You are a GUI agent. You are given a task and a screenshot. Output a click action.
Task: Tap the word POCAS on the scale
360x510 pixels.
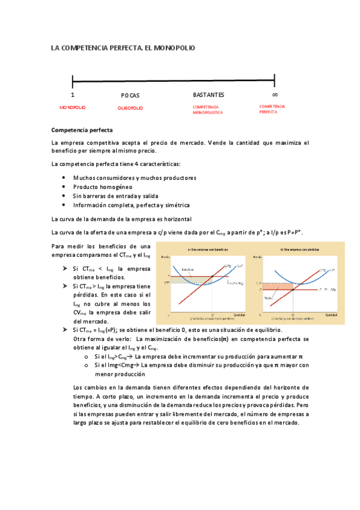click(130, 95)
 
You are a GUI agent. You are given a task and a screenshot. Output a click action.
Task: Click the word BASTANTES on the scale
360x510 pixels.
click(209, 94)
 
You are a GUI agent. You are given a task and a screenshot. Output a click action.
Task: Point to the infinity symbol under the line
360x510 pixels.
click(275, 94)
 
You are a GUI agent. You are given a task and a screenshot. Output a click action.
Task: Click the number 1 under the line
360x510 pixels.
click(73, 95)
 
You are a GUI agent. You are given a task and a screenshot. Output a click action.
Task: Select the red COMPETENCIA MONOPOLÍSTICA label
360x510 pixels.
click(207, 109)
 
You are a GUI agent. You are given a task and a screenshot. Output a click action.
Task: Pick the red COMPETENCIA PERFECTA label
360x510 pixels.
click(272, 109)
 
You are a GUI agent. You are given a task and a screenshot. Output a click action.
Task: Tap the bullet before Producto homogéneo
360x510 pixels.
click(64, 186)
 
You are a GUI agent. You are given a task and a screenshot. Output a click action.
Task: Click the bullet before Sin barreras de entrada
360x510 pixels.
click(64, 195)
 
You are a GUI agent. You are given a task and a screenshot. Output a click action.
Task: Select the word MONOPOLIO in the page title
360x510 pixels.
click(171, 47)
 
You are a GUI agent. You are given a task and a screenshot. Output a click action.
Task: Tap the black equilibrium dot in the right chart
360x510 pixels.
click(293, 290)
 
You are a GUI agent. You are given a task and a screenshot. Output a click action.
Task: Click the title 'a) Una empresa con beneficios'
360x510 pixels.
click(207, 249)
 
